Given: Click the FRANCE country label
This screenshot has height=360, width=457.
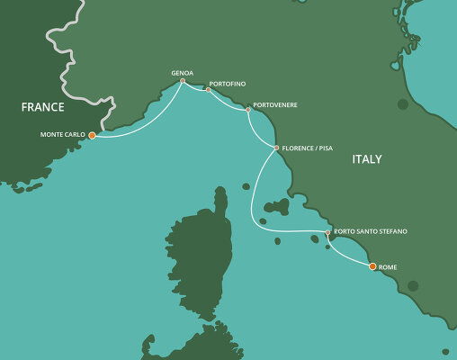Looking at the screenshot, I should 42,107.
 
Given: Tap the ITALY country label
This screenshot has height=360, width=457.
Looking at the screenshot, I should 366,159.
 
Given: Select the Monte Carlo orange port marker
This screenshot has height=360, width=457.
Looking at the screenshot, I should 92,136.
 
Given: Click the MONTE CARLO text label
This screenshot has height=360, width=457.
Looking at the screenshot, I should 62,136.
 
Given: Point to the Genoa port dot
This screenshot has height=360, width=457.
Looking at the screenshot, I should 183,81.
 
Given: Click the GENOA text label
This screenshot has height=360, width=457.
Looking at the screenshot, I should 183,72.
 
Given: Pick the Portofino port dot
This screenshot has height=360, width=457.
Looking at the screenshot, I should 208,90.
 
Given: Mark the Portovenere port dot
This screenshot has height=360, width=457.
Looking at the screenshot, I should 248,110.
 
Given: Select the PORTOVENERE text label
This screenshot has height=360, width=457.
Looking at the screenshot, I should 275,105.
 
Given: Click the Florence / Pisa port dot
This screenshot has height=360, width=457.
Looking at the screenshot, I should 276,148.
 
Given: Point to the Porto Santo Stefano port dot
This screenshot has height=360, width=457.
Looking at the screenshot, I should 327,233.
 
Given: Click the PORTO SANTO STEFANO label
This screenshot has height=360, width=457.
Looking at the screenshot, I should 370,232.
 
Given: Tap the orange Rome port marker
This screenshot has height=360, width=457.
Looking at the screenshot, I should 372,266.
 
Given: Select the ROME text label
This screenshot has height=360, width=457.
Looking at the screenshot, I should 389,267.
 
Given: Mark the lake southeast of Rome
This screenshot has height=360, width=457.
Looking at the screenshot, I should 413,285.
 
